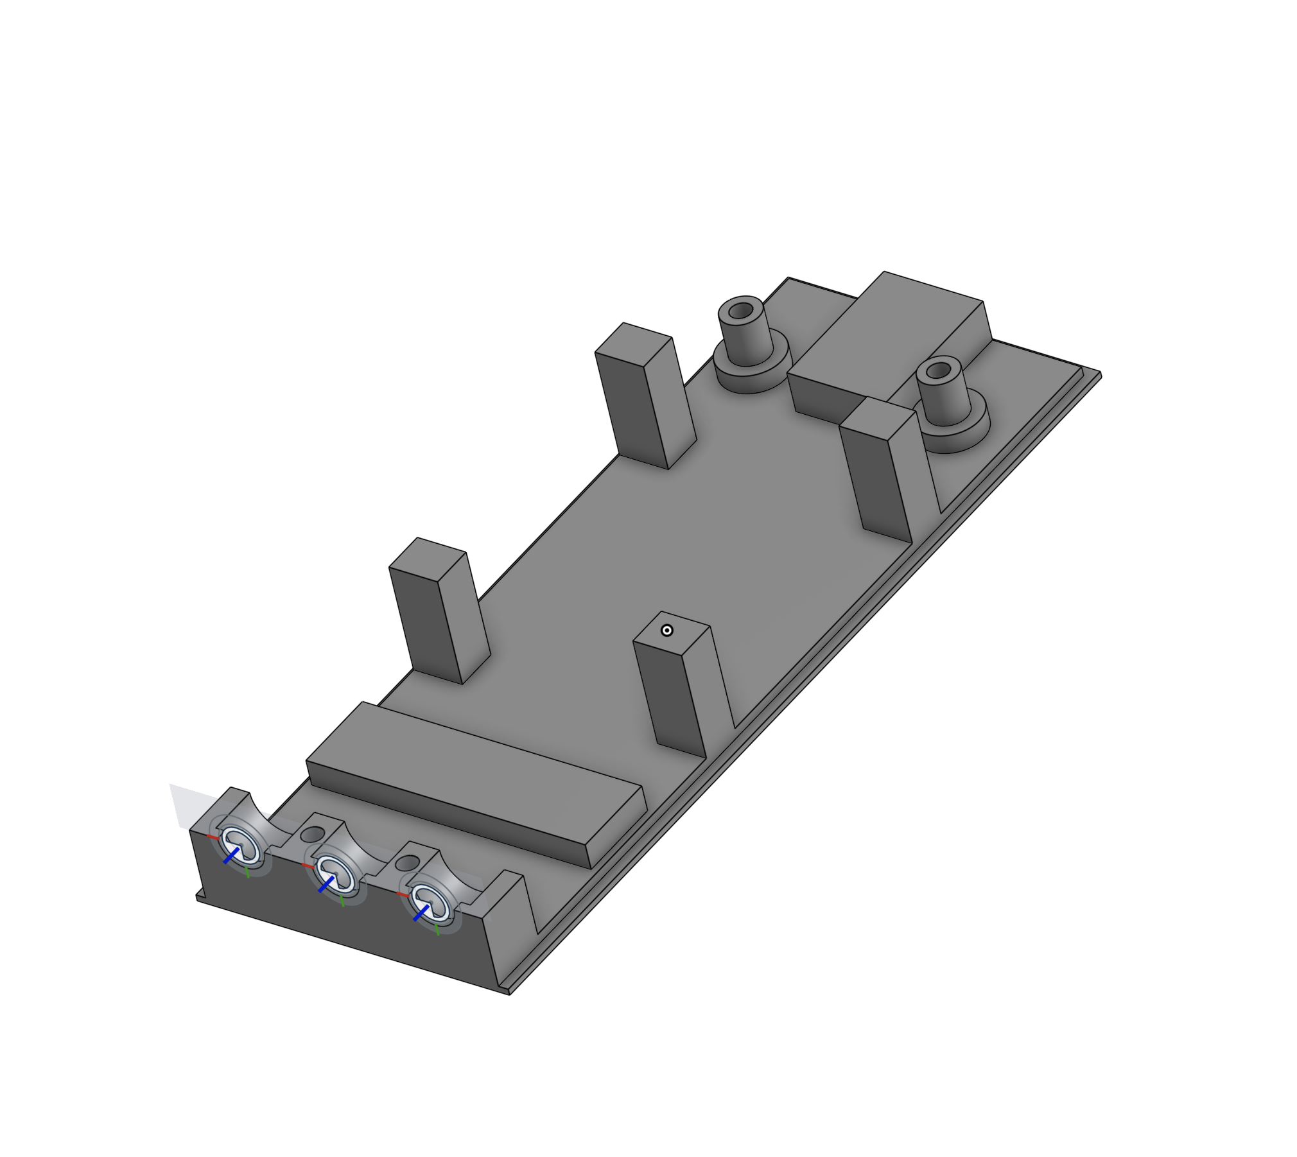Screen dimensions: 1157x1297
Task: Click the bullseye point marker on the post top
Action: point(666,631)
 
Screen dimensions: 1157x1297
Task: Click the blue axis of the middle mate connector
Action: point(326,884)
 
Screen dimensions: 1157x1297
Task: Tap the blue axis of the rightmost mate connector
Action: point(421,912)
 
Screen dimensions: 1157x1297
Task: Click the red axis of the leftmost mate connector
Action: point(213,837)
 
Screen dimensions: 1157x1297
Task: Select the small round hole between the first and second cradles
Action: point(313,835)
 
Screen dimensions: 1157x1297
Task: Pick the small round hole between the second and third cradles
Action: point(406,863)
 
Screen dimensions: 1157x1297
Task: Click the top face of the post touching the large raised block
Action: point(877,417)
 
